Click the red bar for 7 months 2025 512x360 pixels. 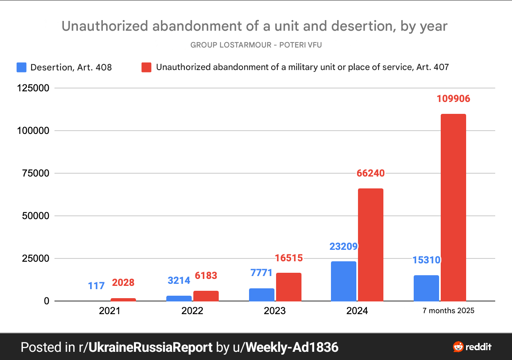pos(453,207)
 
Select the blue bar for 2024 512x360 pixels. pos(344,281)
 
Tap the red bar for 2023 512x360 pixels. pos(289,287)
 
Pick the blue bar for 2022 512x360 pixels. pos(179,298)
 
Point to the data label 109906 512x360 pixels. pos(453,99)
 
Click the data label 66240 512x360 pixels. pos(370,173)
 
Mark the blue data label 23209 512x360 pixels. pos(344,247)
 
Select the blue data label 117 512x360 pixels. pos(96,285)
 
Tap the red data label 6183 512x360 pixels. pos(206,276)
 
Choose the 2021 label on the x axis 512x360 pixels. pos(109,311)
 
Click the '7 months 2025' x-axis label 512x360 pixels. pos(449,310)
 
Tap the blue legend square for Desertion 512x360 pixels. pos(21,67)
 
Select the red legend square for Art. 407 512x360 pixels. pos(146,67)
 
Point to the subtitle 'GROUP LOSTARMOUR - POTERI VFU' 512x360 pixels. pos(256,45)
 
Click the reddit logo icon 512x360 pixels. pos(458,347)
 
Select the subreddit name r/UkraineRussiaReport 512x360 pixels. pos(145,347)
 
